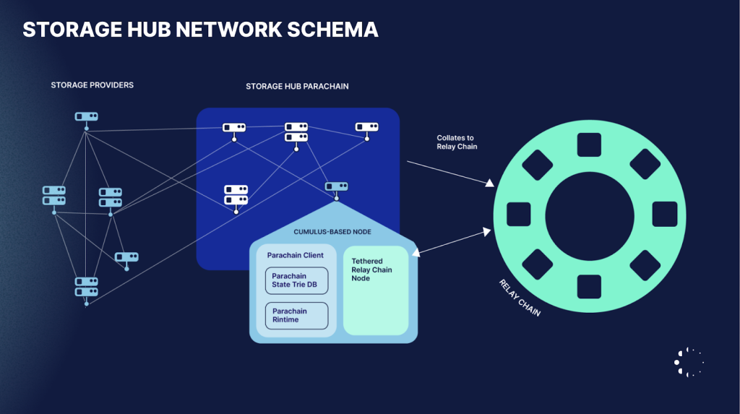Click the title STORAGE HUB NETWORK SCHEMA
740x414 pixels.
[200, 30]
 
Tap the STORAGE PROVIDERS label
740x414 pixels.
[92, 85]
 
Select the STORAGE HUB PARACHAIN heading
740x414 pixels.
[297, 87]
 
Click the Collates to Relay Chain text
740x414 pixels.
[455, 142]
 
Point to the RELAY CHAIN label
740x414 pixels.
[520, 298]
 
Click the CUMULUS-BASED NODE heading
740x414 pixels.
[333, 232]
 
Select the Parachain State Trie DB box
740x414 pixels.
[296, 280]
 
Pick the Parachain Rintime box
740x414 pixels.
[296, 316]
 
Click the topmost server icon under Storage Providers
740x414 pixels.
[86, 116]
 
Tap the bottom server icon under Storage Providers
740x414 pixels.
[86, 287]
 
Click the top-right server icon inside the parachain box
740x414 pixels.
[367, 127]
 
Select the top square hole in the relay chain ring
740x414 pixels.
[590, 144]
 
